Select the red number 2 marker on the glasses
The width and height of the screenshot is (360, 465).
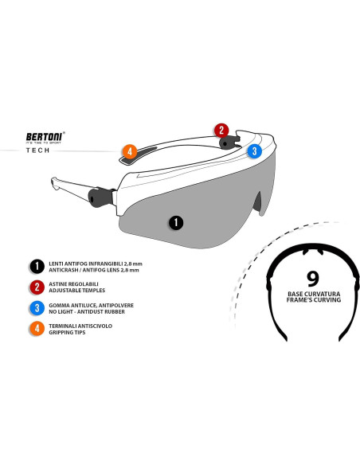click(x=221, y=130)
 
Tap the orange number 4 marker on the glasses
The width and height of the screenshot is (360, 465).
click(x=130, y=150)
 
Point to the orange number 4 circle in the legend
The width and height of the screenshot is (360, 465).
click(x=36, y=330)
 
